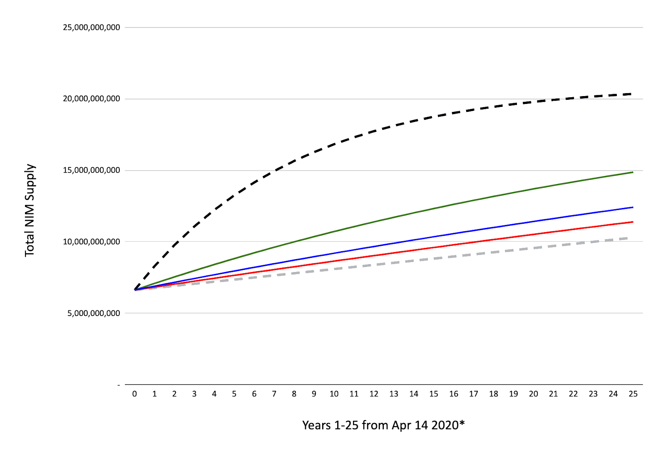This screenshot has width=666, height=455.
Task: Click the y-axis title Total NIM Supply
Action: (x=30, y=210)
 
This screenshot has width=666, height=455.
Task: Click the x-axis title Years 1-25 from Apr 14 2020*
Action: (x=383, y=425)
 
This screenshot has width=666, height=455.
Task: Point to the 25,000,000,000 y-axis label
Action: (x=91, y=27)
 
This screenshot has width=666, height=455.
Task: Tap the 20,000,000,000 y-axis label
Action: (x=91, y=99)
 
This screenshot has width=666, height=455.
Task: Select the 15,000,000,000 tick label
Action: (x=91, y=170)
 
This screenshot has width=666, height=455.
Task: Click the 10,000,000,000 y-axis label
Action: (x=91, y=242)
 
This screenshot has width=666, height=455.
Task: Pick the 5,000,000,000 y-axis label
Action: (x=94, y=313)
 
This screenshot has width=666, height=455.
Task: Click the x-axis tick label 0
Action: (x=134, y=394)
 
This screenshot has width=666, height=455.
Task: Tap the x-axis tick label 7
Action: (x=274, y=394)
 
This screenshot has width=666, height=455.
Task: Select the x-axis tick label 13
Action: (x=394, y=394)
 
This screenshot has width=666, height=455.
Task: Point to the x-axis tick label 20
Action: (x=533, y=394)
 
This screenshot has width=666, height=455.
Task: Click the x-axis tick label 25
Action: (x=633, y=394)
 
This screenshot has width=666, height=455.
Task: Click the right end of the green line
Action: (x=633, y=172)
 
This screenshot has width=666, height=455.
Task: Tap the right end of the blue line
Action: (x=633, y=207)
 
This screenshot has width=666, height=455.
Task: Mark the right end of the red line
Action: (x=633, y=222)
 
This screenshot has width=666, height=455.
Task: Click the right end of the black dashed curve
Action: (x=631, y=94)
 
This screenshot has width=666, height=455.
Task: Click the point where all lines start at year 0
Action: (x=135, y=289)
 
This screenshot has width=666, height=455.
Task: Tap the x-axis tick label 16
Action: (x=453, y=394)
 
